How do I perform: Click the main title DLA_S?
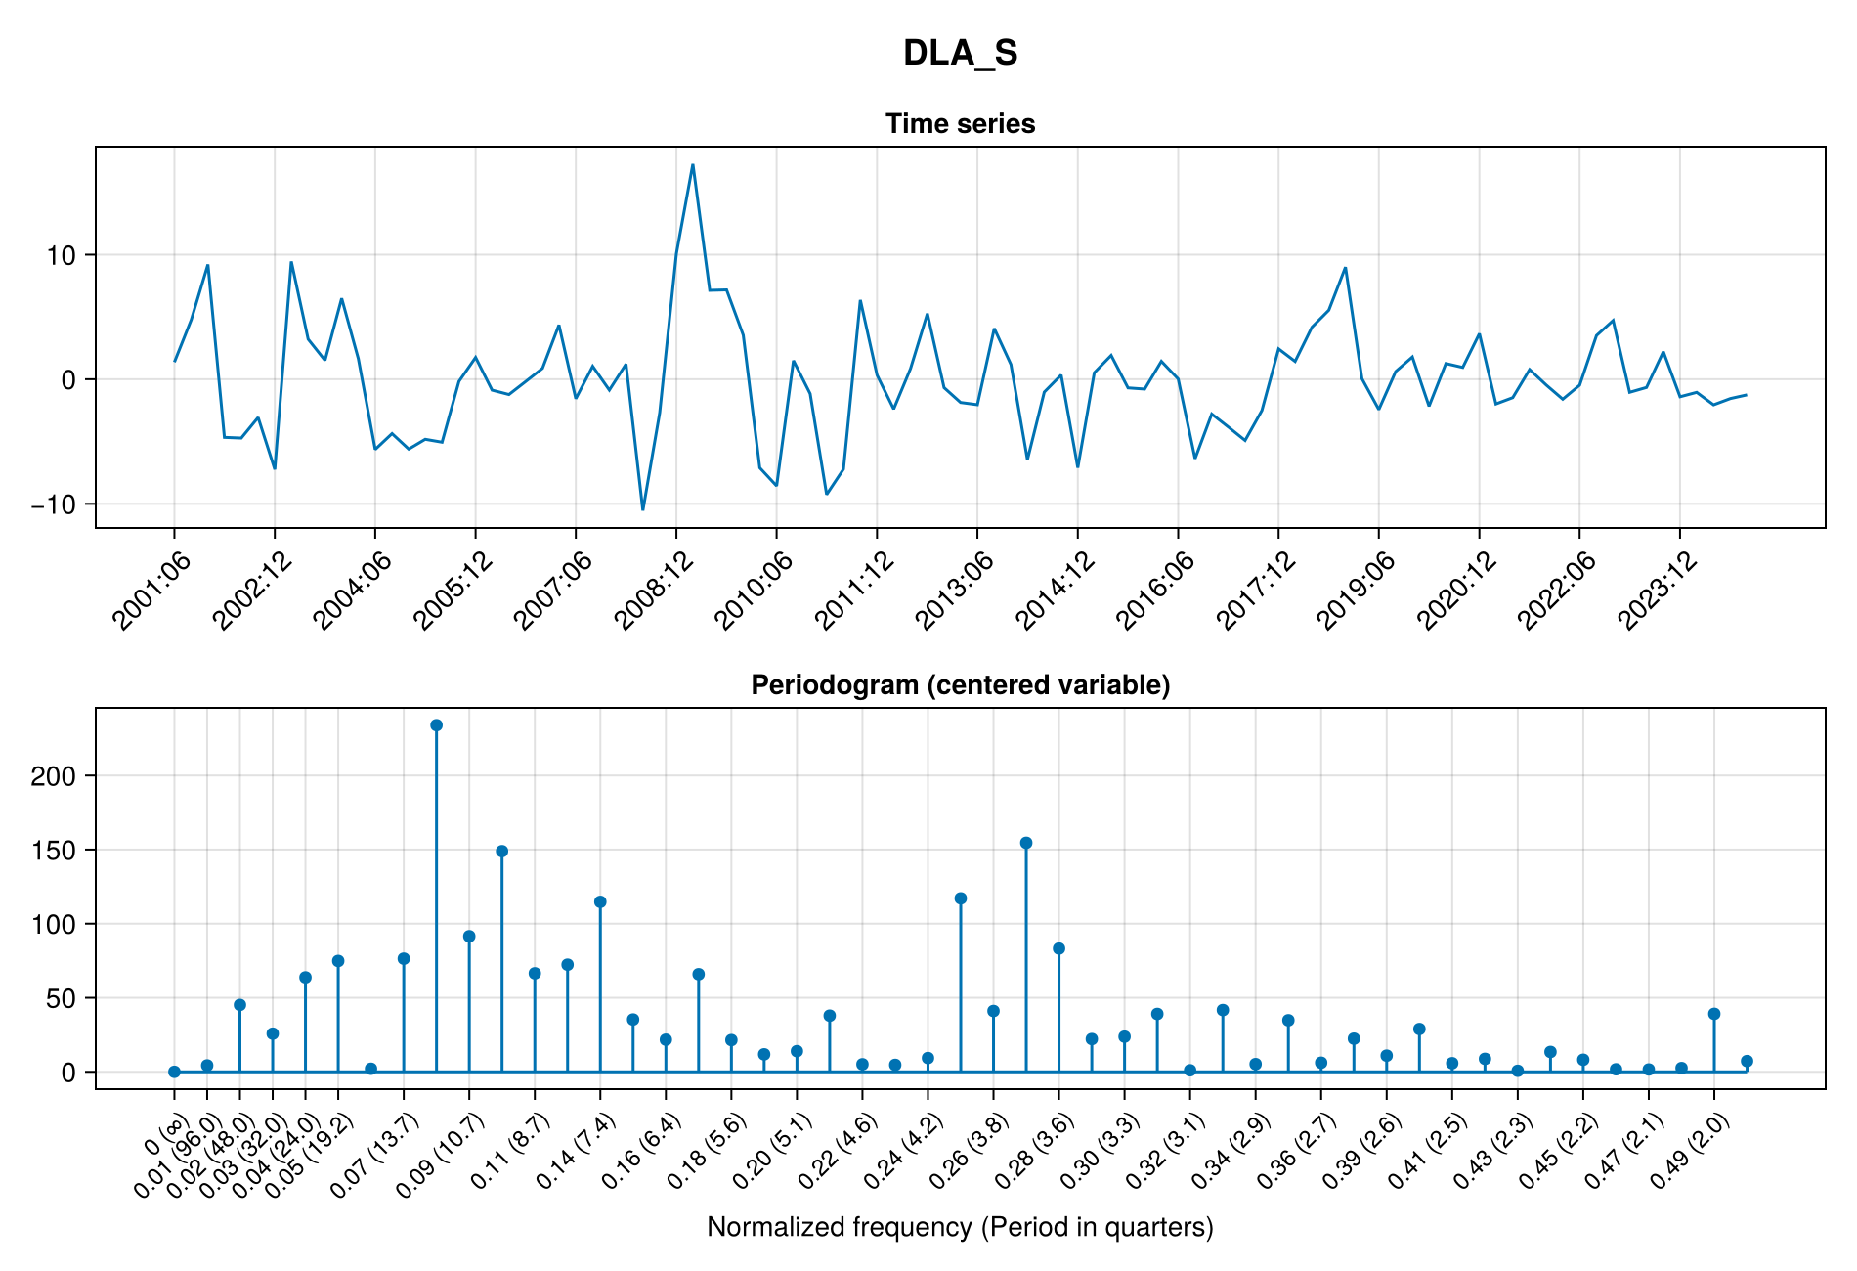(x=960, y=53)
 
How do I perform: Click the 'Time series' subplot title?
(x=960, y=124)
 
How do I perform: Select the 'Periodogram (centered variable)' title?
(x=960, y=685)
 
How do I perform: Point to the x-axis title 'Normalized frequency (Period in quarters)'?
(x=960, y=1227)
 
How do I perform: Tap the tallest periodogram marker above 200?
(x=436, y=725)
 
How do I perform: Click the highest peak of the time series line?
(x=692, y=164)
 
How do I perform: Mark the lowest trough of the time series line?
(x=642, y=509)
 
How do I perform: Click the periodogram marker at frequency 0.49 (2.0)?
(x=1713, y=1014)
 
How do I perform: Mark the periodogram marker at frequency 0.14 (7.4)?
(x=600, y=901)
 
